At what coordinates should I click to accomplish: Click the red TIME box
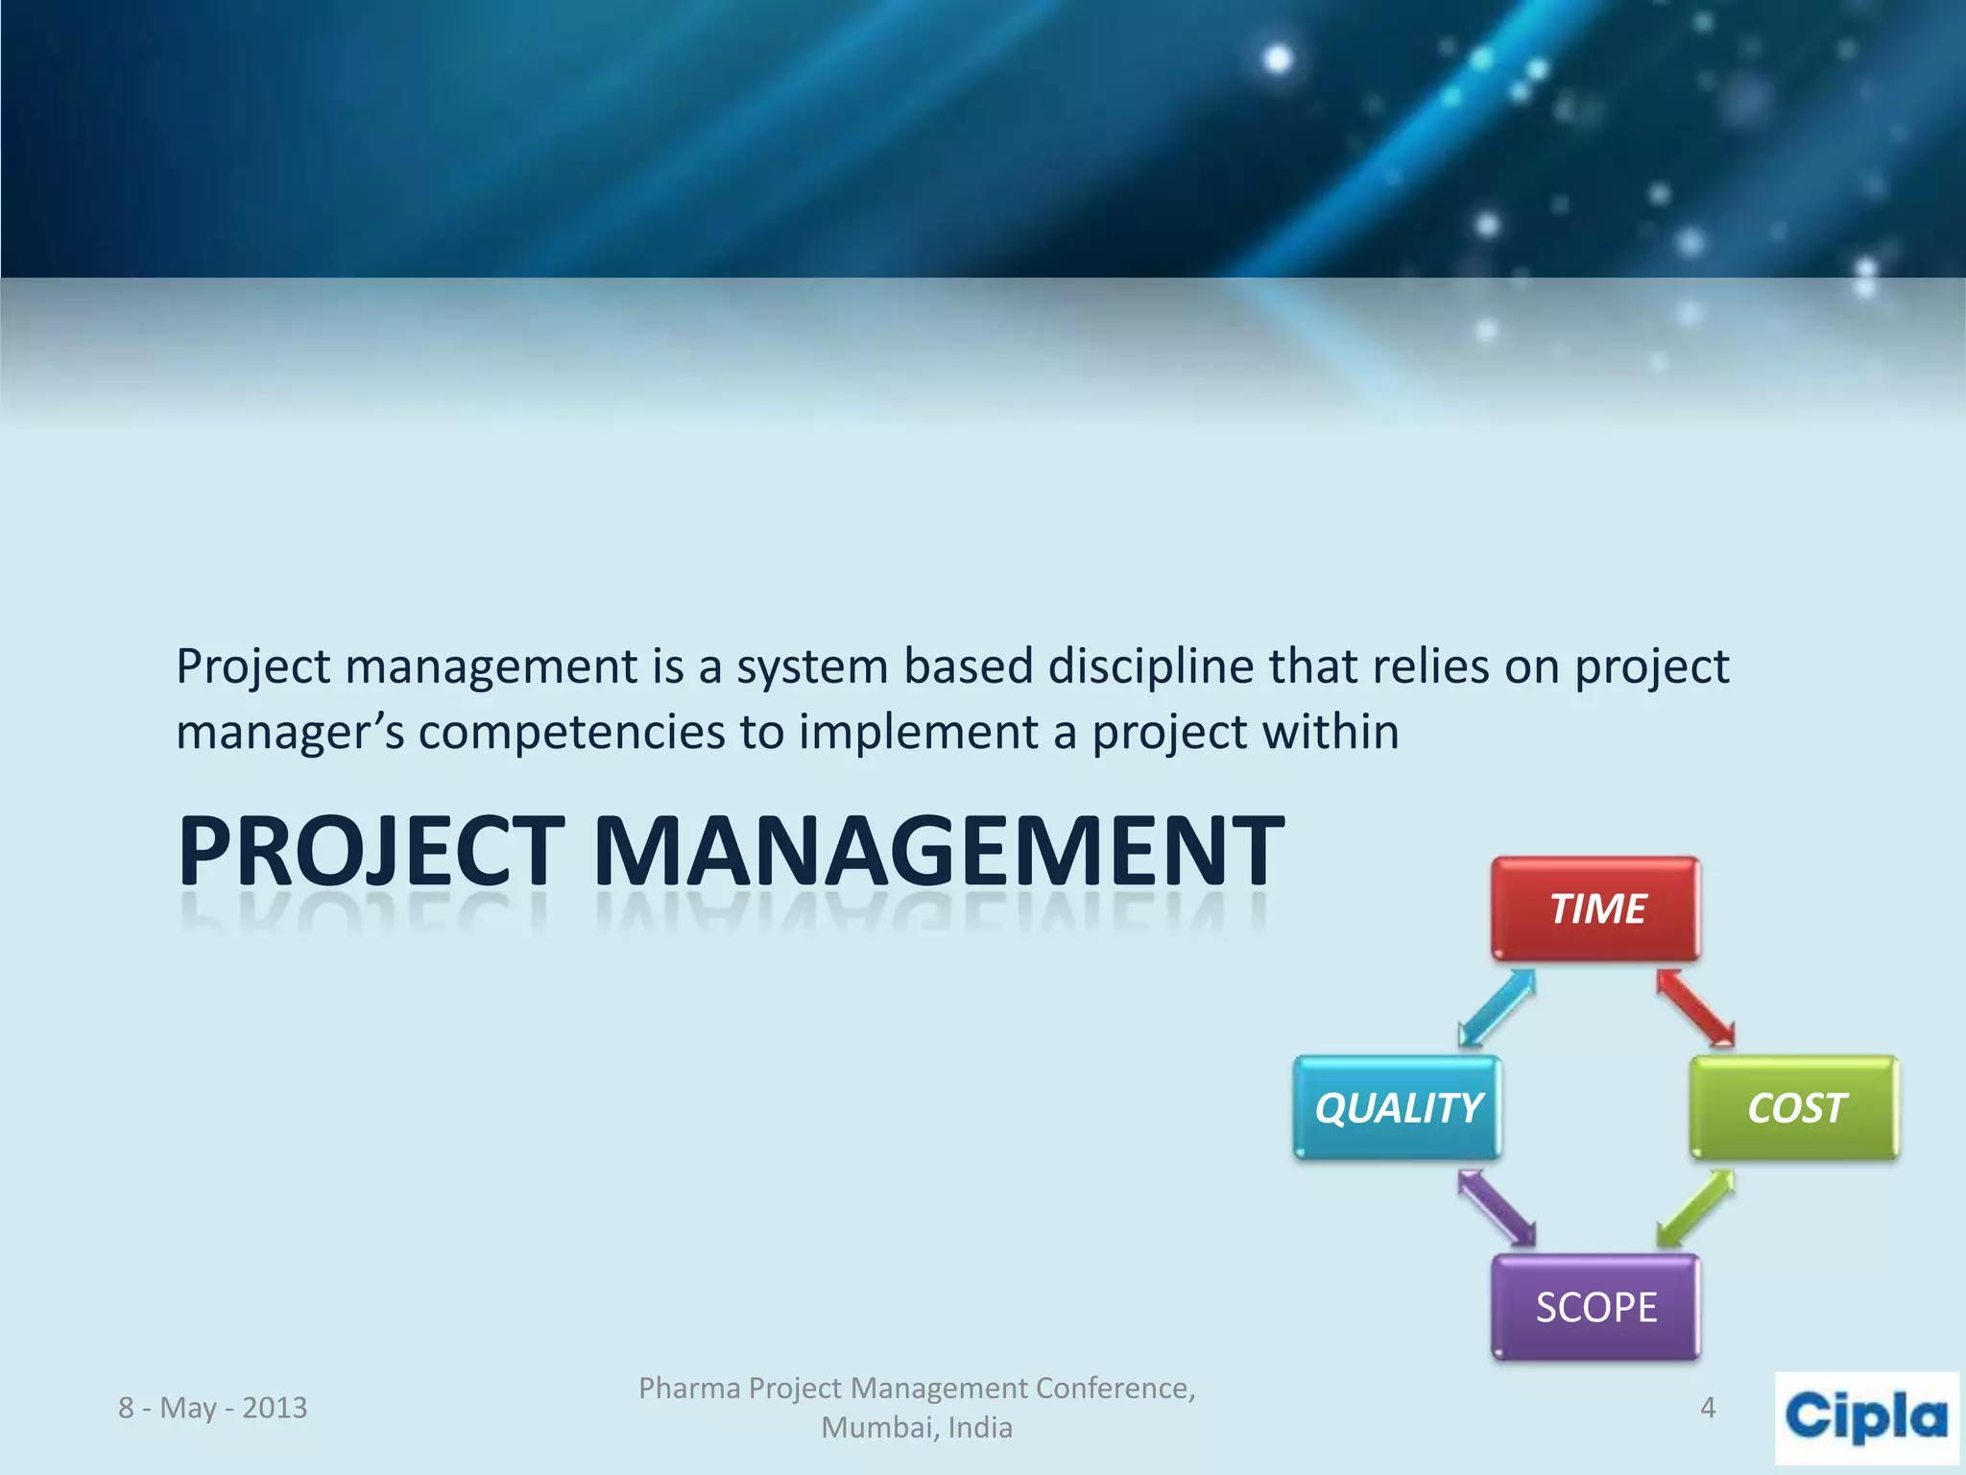click(1595, 908)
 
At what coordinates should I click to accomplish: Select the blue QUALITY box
click(1397, 1107)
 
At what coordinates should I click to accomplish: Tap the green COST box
click(1794, 1107)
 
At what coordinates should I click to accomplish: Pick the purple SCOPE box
click(1595, 1307)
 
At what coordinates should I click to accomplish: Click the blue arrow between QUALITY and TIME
click(1497, 1007)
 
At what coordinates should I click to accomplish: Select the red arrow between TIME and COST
click(1695, 1007)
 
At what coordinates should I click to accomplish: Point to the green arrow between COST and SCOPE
click(1695, 1208)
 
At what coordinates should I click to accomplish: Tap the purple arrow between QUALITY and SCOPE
click(1497, 1208)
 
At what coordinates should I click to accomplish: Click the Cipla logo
click(1866, 1417)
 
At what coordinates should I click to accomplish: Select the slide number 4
click(1708, 1408)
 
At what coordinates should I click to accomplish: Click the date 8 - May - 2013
click(212, 1408)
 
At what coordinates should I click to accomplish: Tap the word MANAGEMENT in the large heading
click(938, 851)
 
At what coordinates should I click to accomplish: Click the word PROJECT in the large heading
click(371, 851)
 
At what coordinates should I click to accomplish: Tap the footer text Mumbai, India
click(917, 1428)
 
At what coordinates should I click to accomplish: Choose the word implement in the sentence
click(918, 733)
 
